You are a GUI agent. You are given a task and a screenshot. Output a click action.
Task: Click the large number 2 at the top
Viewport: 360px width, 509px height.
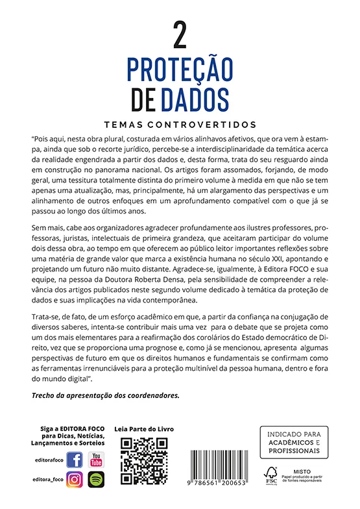(180, 36)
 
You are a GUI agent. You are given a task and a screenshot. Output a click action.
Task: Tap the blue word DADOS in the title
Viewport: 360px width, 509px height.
(193, 99)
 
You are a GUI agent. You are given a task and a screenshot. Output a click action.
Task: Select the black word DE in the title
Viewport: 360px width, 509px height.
(143, 99)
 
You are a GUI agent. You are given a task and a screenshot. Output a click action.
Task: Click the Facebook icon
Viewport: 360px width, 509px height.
(75, 460)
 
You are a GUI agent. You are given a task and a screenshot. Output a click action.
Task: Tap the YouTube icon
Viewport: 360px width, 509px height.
(97, 460)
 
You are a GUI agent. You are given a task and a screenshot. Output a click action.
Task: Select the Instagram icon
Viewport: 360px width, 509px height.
(75, 480)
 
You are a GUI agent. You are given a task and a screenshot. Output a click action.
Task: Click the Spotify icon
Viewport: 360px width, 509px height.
(97, 480)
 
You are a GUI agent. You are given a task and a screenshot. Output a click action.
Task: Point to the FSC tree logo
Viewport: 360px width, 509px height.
(270, 473)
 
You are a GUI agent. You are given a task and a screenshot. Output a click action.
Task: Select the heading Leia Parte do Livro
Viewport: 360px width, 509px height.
(144, 429)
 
